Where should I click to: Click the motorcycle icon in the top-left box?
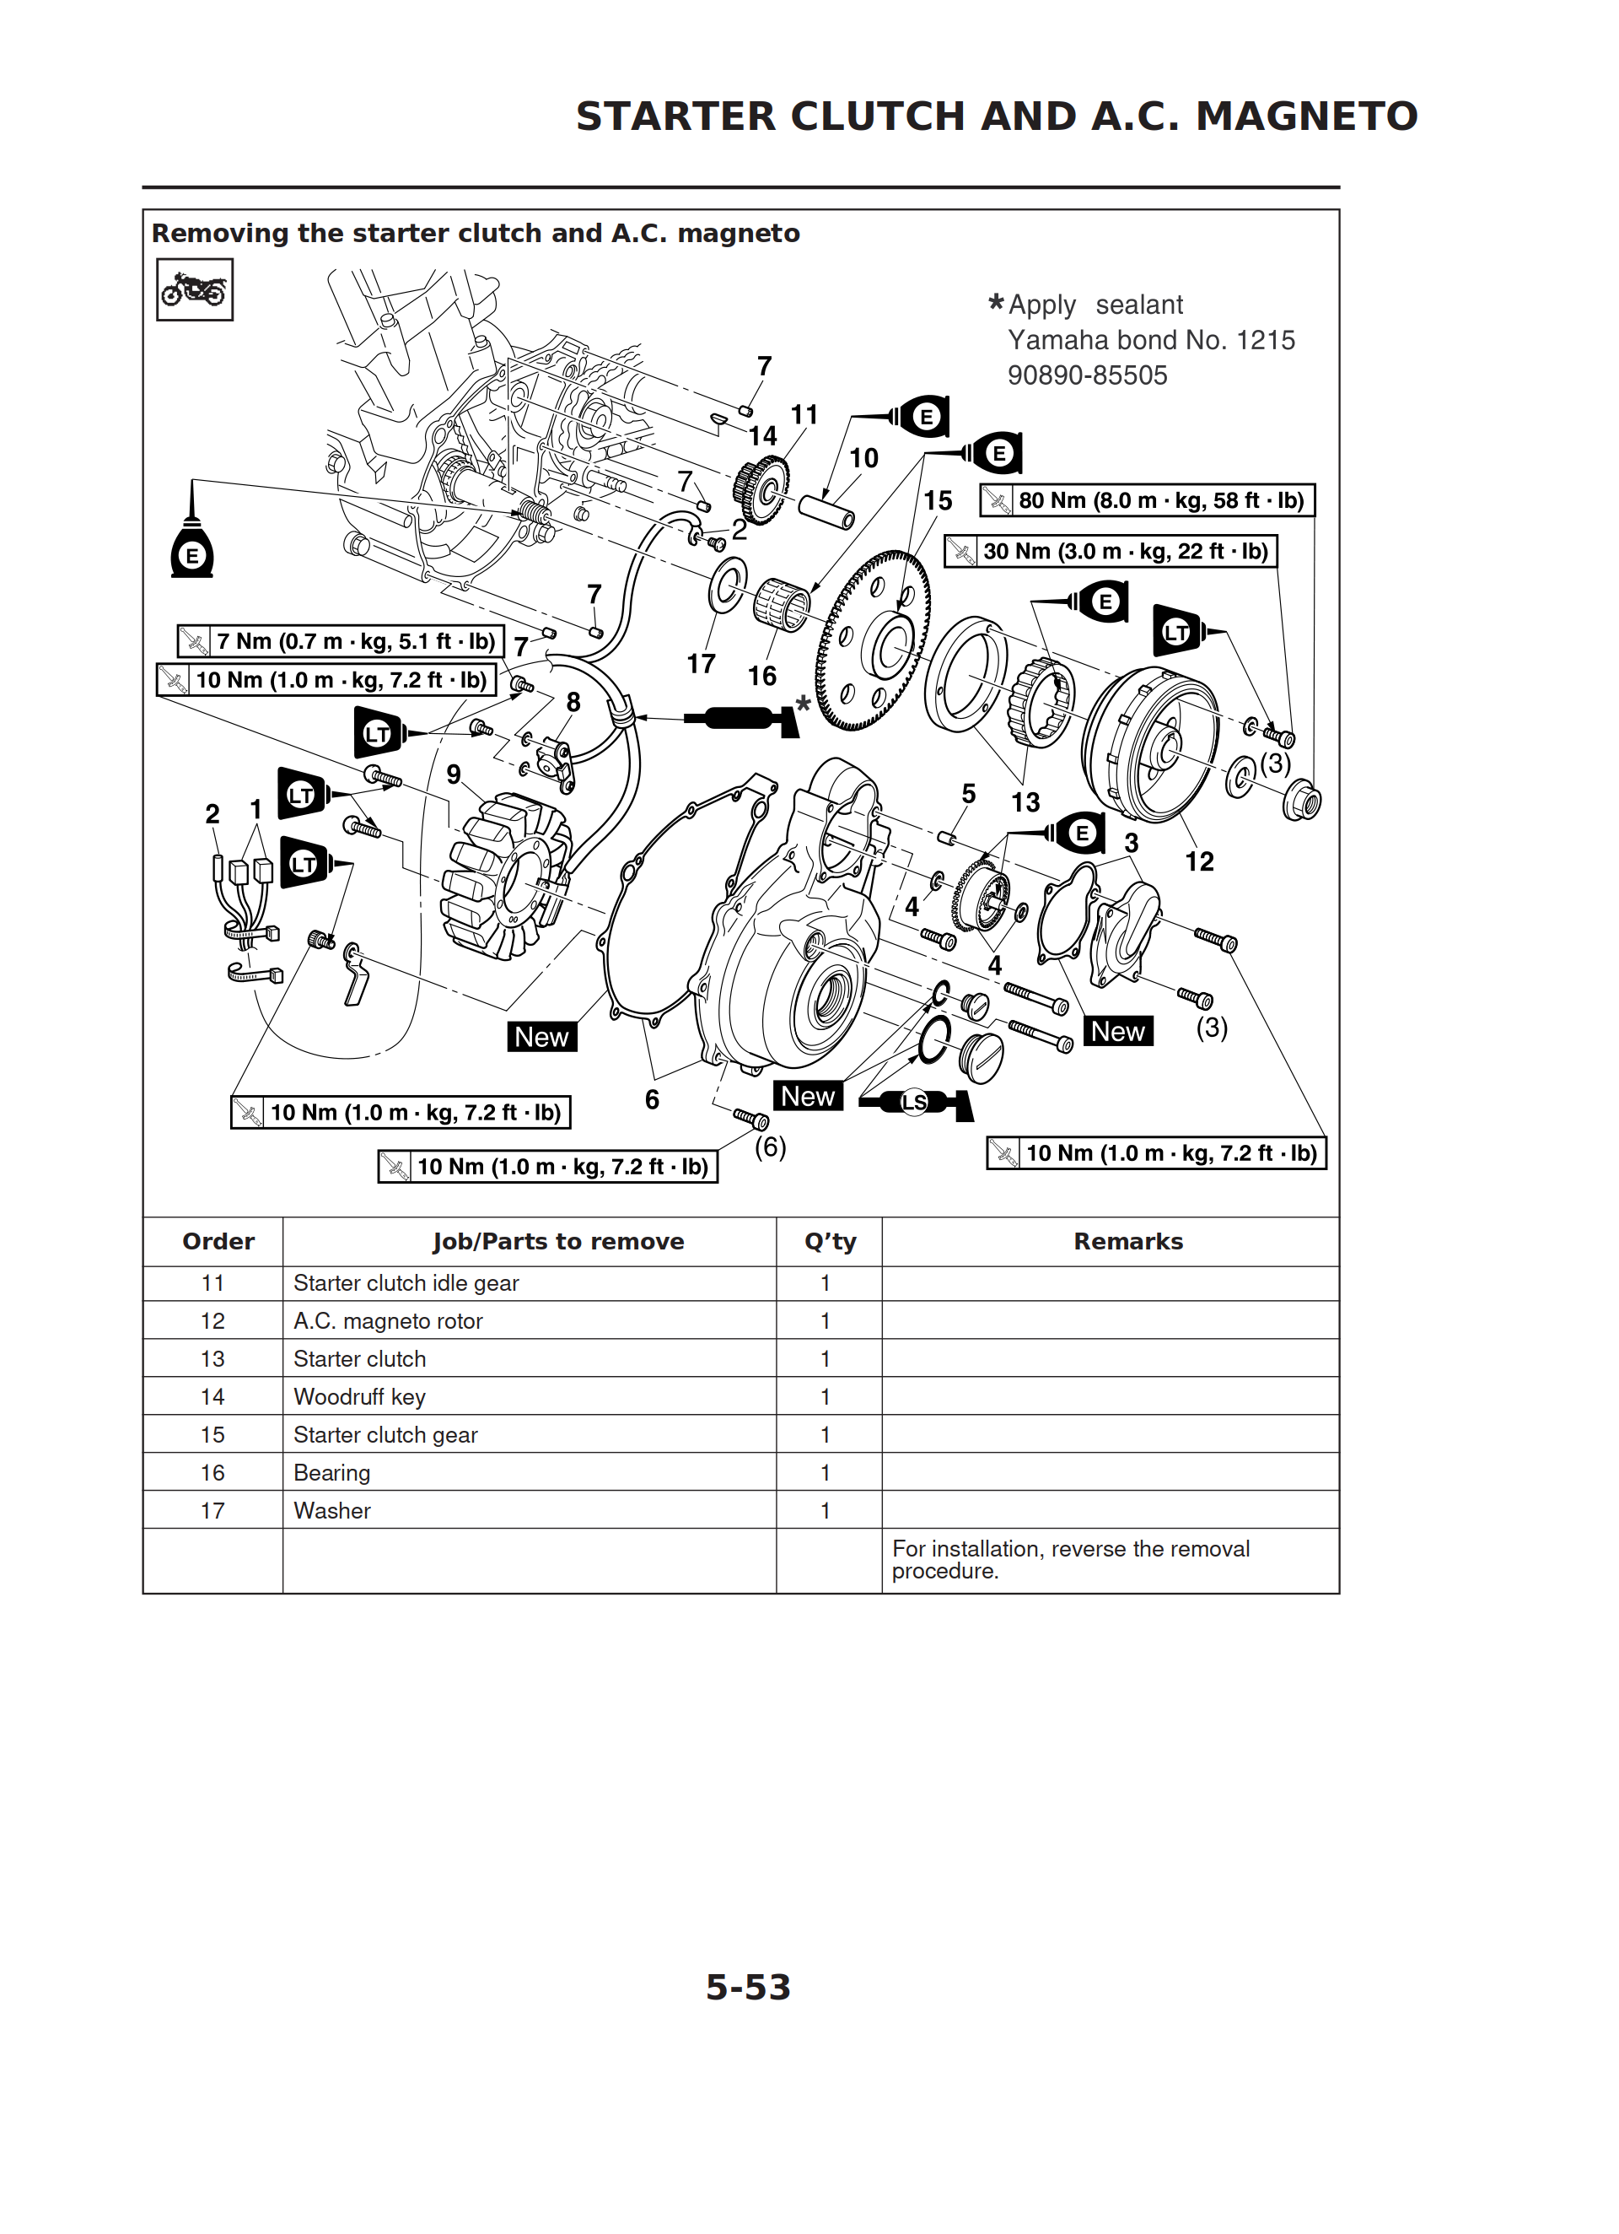(x=194, y=289)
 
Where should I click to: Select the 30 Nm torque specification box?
(x=1110, y=552)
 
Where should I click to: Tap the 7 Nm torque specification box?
(x=341, y=641)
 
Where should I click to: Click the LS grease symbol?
(x=916, y=1102)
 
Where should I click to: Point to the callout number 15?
(x=937, y=501)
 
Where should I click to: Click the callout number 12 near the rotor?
(x=1198, y=862)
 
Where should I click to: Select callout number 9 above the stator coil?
(x=453, y=774)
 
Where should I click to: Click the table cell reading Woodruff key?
(x=359, y=1397)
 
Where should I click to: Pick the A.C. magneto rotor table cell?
(x=388, y=1321)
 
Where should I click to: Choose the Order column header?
(x=218, y=1241)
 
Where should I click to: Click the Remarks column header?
(x=1127, y=1241)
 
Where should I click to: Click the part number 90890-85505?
(x=1087, y=375)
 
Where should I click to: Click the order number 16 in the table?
(x=212, y=1472)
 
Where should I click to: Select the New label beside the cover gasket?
(x=541, y=1037)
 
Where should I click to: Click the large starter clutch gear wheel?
(x=873, y=640)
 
